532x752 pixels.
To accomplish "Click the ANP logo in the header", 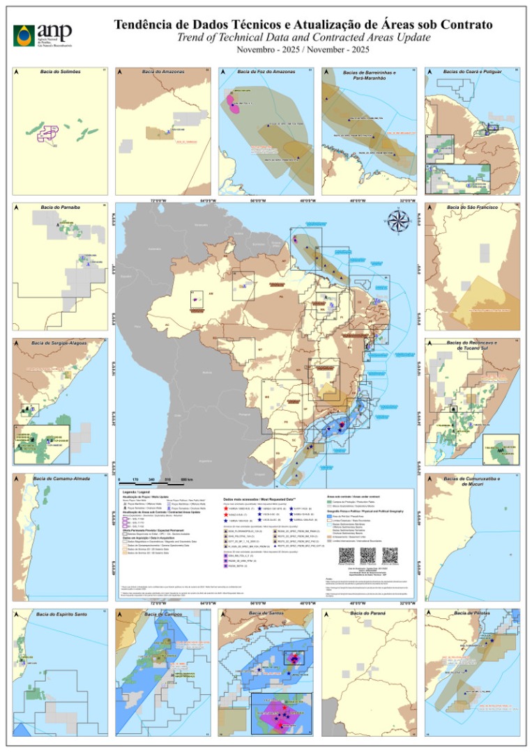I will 42,33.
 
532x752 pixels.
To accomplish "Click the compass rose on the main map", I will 398,222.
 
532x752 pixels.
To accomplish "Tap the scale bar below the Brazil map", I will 156,480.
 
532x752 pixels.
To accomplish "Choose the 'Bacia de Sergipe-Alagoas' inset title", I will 60,343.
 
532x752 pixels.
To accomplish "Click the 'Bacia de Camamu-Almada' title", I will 60,478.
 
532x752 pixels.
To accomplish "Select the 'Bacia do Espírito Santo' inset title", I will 60,613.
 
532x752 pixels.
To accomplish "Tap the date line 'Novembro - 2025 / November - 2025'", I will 303,49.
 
